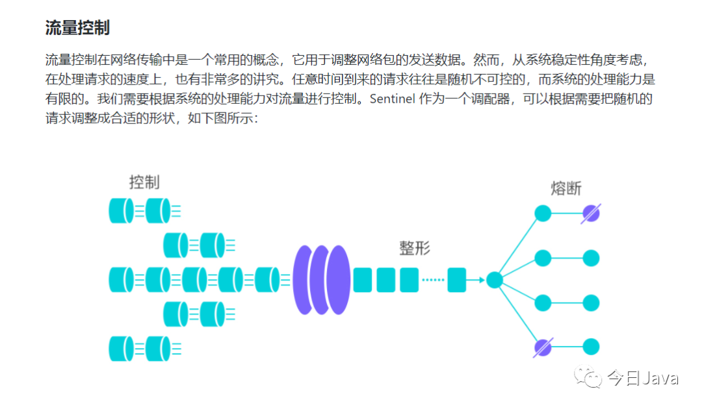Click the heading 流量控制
(x=77, y=27)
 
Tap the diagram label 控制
(x=144, y=182)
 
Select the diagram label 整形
(x=415, y=248)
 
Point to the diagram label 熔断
(x=565, y=189)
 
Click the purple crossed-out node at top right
(x=591, y=213)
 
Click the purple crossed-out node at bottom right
(x=543, y=347)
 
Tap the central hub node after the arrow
(x=495, y=280)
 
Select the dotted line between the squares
(x=433, y=280)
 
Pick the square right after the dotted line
(x=457, y=280)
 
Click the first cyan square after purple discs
(x=362, y=280)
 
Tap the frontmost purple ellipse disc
(x=339, y=280)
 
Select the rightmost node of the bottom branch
(x=591, y=347)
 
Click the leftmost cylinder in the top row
(x=120, y=210)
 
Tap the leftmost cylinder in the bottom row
(x=120, y=349)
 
